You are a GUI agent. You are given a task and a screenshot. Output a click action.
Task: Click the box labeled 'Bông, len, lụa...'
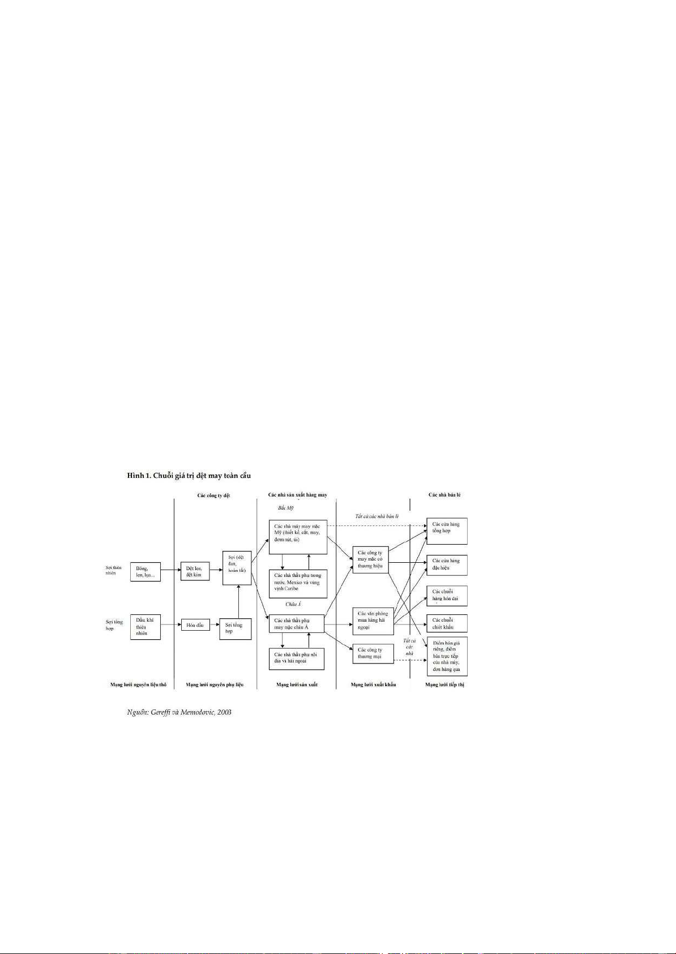tap(145, 572)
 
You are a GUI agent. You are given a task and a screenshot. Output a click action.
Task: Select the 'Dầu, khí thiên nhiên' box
tap(145, 627)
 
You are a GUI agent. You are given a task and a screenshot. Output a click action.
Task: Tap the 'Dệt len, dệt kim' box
tap(194, 571)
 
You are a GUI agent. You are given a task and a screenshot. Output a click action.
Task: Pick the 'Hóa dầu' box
tap(194, 625)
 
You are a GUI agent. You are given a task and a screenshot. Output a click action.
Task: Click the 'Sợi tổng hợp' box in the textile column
tap(235, 628)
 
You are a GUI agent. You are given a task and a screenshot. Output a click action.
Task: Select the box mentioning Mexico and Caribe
tap(298, 582)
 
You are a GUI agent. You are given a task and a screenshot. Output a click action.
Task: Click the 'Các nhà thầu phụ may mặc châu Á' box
tap(297, 624)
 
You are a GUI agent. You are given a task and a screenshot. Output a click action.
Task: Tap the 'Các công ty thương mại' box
tap(373, 653)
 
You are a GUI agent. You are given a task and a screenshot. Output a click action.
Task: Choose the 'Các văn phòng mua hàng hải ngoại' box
tap(373, 621)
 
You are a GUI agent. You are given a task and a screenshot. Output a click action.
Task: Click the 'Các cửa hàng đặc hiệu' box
tap(446, 564)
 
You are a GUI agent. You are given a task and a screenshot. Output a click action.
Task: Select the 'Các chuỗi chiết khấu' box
tap(446, 623)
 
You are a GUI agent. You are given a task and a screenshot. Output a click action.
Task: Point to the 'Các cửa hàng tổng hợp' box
tap(446, 531)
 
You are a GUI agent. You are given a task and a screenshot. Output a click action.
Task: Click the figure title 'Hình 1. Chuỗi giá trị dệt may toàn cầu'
tap(189, 476)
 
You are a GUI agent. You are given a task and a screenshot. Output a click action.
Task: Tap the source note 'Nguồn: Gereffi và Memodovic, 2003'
tap(179, 712)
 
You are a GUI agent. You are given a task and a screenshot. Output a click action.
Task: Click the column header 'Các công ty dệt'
tap(213, 495)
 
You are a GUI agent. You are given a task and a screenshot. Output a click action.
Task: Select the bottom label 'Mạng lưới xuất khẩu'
tap(373, 685)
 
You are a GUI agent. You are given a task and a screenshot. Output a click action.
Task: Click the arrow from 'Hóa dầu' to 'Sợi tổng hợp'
tap(214, 625)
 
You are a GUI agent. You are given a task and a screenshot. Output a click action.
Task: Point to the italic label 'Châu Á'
tap(293, 604)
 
